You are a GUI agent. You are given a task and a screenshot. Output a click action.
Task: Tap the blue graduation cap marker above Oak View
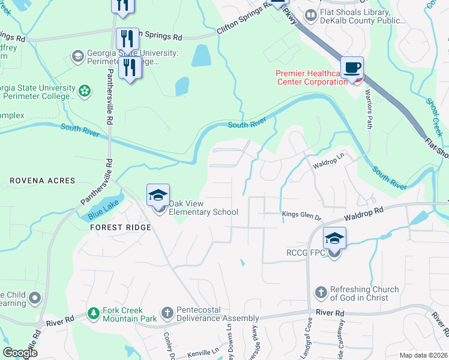[x=158, y=195]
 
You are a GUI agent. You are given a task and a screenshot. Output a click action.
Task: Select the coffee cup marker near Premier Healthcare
[x=352, y=67]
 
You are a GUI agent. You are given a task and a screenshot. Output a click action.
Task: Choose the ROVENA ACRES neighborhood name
[x=42, y=181]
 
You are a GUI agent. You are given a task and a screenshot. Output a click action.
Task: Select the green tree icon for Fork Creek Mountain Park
[x=93, y=313]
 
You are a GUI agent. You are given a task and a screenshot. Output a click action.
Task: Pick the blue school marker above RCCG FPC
[x=334, y=238]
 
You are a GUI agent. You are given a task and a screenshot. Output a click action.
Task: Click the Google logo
[x=20, y=353]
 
